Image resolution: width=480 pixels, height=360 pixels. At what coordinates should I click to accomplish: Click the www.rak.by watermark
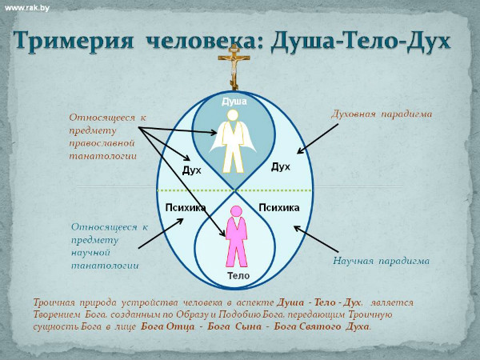pos(27,8)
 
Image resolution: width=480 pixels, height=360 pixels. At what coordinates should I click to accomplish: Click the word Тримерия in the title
pos(74,41)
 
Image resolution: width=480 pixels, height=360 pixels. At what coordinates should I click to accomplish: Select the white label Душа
pos(234,102)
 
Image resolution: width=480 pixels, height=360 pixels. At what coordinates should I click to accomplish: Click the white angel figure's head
pos(233,114)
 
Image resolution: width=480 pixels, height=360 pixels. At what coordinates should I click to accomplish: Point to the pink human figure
pos(236,236)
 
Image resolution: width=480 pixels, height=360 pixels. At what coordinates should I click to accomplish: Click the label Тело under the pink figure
pos(238,276)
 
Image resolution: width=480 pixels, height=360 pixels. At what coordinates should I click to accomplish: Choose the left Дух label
pos(192,170)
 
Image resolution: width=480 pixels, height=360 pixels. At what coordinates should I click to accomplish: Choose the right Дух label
pos(281,167)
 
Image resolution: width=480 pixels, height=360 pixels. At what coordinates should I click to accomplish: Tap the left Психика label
pos(186,208)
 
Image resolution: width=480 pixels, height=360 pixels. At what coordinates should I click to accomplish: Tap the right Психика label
pos(279,208)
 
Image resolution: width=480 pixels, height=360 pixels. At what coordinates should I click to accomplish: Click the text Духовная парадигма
pos(382,114)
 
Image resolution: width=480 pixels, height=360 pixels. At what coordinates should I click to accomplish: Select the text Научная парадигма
pos(381,261)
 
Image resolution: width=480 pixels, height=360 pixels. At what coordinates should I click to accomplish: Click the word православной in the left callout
pos(102,143)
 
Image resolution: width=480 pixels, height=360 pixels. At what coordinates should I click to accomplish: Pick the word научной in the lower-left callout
pos(90,253)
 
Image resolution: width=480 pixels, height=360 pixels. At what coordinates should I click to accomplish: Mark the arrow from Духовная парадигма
pos(318,138)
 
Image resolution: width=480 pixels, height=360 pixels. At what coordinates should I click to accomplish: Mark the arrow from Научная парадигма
pos(316,239)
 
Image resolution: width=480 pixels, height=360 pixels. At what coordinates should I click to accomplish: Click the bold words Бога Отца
pos(167,326)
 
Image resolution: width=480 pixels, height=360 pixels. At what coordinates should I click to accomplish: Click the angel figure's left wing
pos(217,138)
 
